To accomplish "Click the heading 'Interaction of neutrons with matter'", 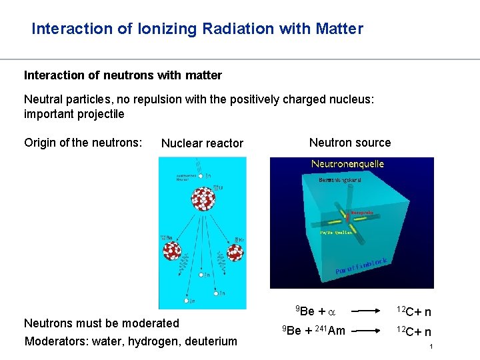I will (123, 75).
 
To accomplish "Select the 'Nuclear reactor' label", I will (202, 143).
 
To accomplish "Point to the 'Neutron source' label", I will (350, 143).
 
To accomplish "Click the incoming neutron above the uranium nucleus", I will (200, 176).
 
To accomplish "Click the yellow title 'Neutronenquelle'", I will (348, 164).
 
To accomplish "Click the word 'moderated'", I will (150, 323).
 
